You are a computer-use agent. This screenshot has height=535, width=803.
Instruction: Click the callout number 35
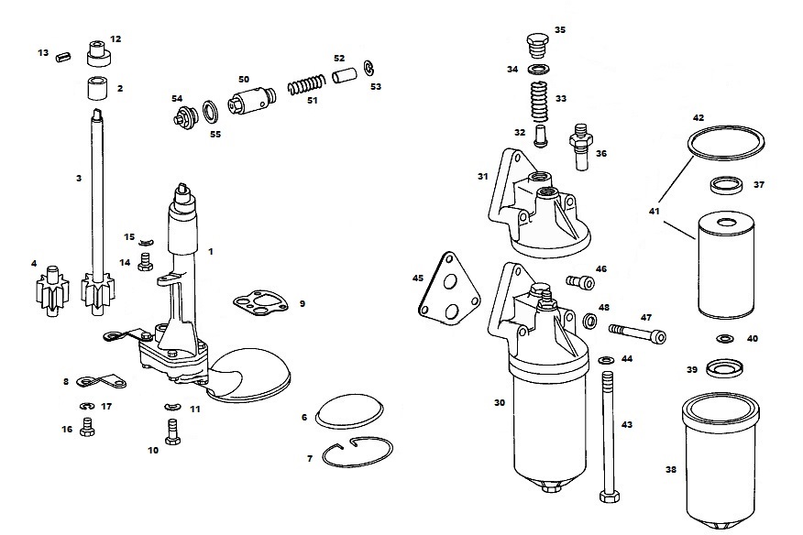click(x=560, y=29)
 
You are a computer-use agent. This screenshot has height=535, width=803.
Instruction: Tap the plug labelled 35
click(x=537, y=46)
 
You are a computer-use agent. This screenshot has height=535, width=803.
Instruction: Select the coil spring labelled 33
click(x=539, y=99)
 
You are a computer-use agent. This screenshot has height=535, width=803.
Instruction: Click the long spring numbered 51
click(x=305, y=87)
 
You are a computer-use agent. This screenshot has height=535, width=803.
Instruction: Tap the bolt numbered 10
click(x=171, y=428)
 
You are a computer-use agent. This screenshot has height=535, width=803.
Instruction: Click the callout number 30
click(x=500, y=402)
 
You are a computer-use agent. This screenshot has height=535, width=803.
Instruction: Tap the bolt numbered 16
click(x=88, y=426)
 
